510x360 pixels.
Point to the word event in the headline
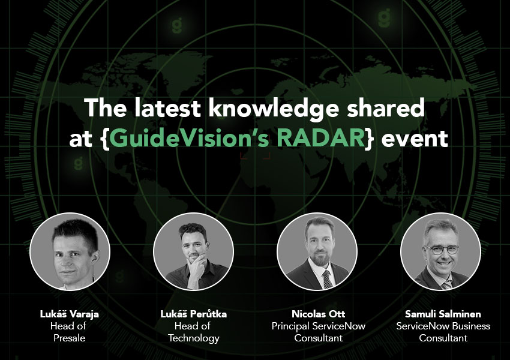tap(415, 139)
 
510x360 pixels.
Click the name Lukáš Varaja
tap(69, 314)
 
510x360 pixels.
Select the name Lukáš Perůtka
tap(194, 314)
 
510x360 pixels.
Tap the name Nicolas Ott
tap(318, 314)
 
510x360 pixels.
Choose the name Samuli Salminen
tap(443, 314)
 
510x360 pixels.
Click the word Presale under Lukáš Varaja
tap(69, 338)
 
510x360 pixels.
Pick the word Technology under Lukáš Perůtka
tap(194, 338)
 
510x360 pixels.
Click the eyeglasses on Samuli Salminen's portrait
tap(443, 250)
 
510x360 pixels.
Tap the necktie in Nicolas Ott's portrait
tap(327, 278)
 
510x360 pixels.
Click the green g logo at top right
tap(384, 18)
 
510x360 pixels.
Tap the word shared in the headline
tap(386, 107)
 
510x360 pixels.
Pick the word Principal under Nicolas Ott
tap(290, 326)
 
